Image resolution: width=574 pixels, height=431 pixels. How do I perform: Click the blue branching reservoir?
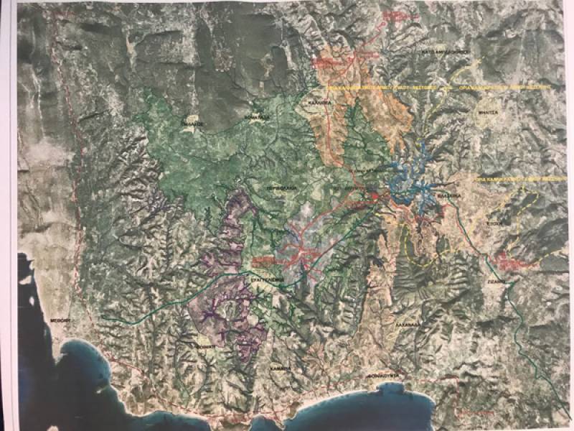pos(409,187)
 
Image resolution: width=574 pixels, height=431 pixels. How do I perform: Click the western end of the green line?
pos(103,316)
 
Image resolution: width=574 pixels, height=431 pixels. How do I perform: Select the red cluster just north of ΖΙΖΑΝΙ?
pos(511,261)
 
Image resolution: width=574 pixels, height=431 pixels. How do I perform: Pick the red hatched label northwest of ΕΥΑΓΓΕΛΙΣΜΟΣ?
pos(263,259)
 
